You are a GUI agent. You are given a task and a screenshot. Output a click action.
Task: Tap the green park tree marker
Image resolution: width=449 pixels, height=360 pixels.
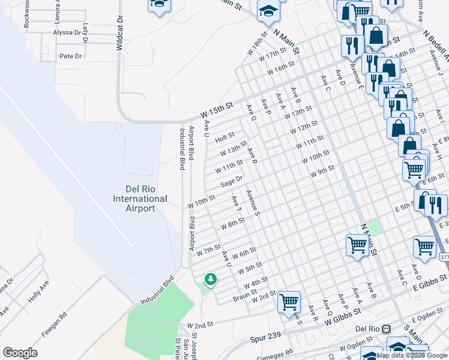(x=210, y=279)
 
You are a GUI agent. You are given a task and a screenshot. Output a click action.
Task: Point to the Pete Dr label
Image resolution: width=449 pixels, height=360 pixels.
(x=71, y=56)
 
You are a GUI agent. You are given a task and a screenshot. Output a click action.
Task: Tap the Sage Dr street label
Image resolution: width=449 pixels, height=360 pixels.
(x=231, y=181)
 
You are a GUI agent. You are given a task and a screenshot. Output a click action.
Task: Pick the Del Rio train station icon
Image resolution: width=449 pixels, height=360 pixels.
(x=386, y=329)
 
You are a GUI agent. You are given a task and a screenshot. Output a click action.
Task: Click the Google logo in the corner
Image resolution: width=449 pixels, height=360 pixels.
(x=20, y=352)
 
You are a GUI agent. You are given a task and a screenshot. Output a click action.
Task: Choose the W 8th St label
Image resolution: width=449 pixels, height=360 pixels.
(x=233, y=224)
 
